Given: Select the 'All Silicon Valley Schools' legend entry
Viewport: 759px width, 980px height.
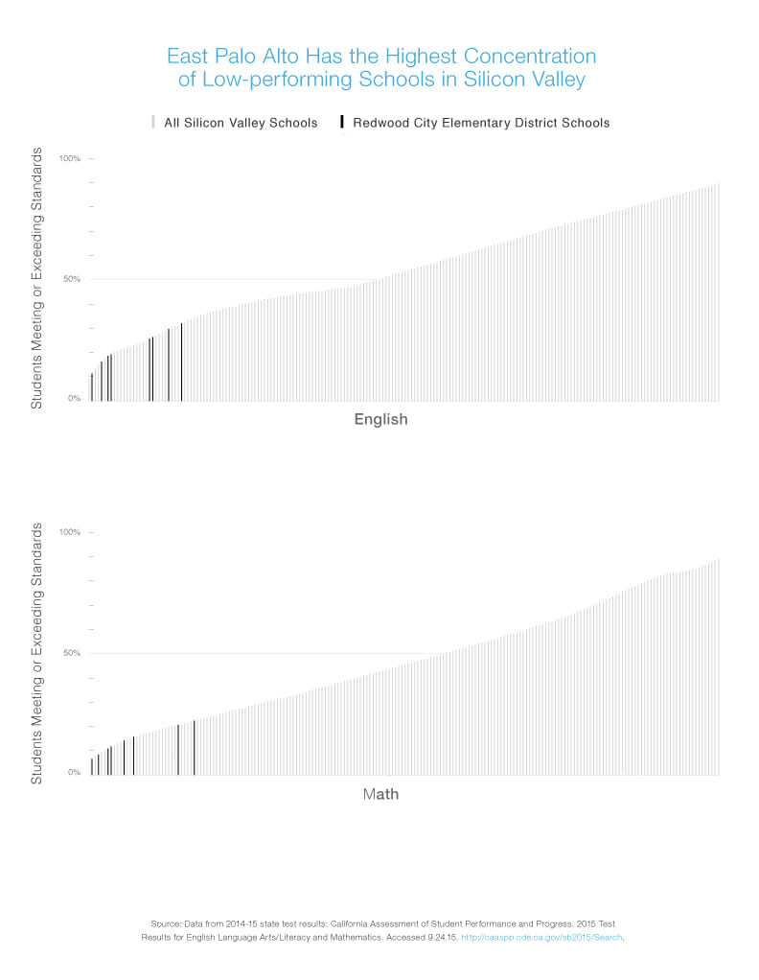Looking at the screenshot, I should pos(241,123).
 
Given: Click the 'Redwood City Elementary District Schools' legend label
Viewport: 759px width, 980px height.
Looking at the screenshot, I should pos(481,123).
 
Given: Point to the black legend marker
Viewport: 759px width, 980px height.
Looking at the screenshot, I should pos(342,123).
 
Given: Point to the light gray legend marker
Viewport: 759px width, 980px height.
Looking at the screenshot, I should pos(152,123).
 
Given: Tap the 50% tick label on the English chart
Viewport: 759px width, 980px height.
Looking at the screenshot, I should pos(72,279).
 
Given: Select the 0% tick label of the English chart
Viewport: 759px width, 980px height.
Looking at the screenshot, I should pos(74,399).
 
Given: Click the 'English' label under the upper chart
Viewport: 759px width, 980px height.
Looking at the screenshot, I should pos(380,419).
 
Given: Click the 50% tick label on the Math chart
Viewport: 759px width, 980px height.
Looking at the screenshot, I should pos(72,653).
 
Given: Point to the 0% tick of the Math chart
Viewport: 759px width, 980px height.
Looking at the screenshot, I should pos(74,773).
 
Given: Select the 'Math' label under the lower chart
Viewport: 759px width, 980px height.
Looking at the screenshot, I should pos(380,794).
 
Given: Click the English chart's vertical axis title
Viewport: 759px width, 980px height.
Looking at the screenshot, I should pos(36,278).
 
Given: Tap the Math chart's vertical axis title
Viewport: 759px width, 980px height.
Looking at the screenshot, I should pos(36,652).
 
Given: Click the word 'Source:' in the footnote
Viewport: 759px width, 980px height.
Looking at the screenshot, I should pos(167,922).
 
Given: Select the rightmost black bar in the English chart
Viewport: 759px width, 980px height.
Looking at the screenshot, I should pos(181,362).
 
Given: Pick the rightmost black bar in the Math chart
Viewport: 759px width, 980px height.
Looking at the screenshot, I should pos(194,747).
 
